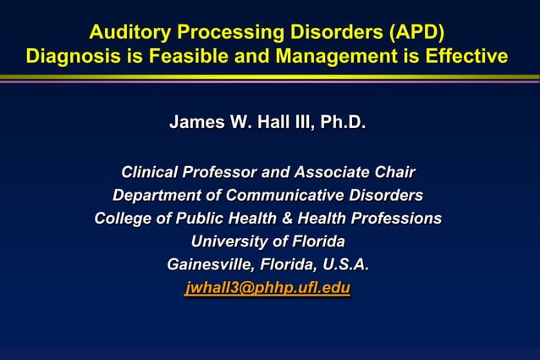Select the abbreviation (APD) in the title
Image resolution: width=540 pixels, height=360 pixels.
pyautogui.click(x=415, y=33)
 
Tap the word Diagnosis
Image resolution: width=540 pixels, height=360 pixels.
pyautogui.click(x=70, y=57)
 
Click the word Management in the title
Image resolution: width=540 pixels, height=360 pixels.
pyautogui.click(x=324, y=57)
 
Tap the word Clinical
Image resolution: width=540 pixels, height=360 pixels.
pyautogui.click(x=153, y=173)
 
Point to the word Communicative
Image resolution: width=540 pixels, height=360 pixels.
pyautogui.click(x=284, y=196)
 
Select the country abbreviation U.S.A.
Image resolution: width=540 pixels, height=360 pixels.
pyautogui.click(x=346, y=264)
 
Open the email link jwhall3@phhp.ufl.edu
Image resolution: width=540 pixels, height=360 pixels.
pyautogui.click(x=267, y=288)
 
